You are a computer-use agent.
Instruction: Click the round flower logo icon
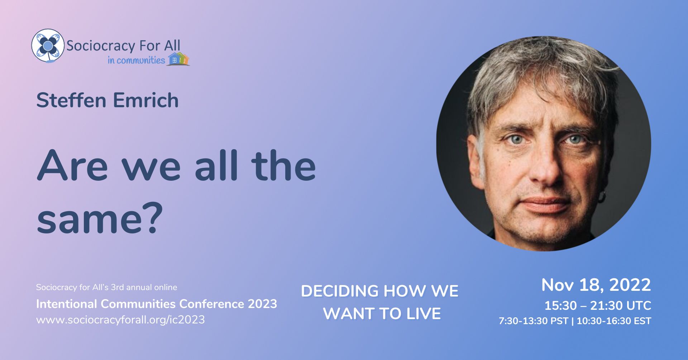pos(48,46)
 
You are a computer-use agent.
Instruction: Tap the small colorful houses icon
pos(178,59)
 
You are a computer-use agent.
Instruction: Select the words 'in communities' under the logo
pos(136,60)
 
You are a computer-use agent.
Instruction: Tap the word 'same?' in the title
pos(97,218)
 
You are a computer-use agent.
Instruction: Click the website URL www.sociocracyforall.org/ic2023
pos(120,319)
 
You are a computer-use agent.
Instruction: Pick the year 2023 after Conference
pos(263,304)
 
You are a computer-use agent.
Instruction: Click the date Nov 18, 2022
pos(596,285)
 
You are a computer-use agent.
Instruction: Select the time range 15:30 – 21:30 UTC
pos(598,305)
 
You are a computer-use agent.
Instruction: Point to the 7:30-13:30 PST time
pos(534,321)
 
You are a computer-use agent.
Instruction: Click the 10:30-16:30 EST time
pos(614,321)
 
